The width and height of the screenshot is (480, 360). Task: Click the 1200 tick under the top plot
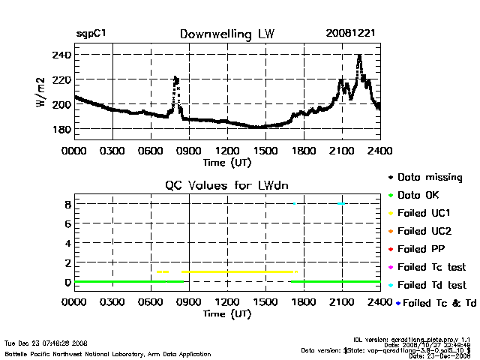pyautogui.click(x=227, y=150)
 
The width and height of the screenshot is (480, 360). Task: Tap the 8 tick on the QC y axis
pyautogui.click(x=67, y=204)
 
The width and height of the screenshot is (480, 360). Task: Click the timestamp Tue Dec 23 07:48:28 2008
pyautogui.click(x=46, y=343)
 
